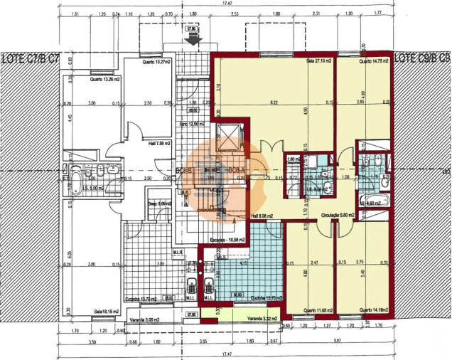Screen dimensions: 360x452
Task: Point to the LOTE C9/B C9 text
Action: click(x=422, y=57)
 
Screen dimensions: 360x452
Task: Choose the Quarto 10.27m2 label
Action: click(x=155, y=62)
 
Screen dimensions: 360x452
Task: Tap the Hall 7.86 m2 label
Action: click(x=157, y=142)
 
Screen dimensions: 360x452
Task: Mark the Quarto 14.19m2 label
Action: click(x=373, y=309)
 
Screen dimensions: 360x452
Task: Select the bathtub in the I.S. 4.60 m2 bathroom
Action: click(x=375, y=201)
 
